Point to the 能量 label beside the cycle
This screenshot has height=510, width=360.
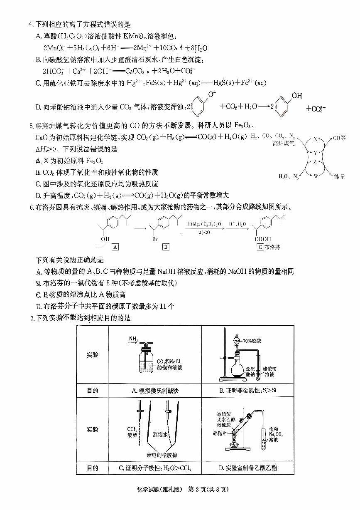pyautogui.click(x=339, y=177)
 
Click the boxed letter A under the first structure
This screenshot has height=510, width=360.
pyautogui.click(x=115, y=247)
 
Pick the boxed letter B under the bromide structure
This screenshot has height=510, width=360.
pyautogui.click(x=166, y=247)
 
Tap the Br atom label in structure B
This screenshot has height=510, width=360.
pyautogui.click(x=165, y=239)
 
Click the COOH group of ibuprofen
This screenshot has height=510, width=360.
pyautogui.click(x=263, y=239)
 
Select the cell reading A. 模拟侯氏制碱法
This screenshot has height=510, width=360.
pyautogui.click(x=154, y=391)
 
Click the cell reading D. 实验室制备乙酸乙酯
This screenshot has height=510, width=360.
pyautogui.click(x=247, y=468)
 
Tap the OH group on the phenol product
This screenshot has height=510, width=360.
pyautogui.click(x=297, y=96)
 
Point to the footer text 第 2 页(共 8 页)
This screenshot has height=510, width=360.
pyautogui.click(x=208, y=489)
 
